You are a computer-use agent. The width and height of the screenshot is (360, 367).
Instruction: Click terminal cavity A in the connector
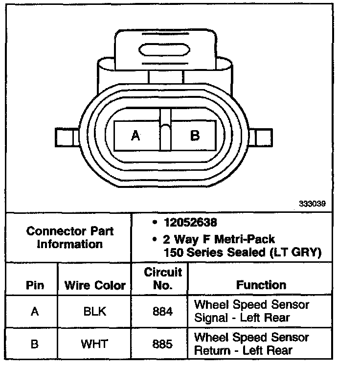(x=136, y=136)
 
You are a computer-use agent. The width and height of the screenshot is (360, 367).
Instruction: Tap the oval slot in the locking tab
(x=164, y=51)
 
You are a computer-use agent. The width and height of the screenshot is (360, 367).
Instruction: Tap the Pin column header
(x=35, y=285)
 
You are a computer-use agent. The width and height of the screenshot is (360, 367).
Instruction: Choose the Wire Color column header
(x=95, y=285)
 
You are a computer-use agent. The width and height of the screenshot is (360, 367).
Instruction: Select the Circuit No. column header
(x=163, y=278)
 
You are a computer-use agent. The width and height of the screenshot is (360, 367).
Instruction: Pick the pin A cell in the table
(x=34, y=311)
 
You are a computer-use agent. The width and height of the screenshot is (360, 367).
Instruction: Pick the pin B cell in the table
(x=34, y=344)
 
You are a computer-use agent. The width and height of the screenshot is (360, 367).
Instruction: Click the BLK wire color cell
(x=94, y=311)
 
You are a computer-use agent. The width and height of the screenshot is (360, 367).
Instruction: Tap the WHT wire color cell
(x=94, y=344)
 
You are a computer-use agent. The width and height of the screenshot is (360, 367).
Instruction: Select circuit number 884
(x=163, y=311)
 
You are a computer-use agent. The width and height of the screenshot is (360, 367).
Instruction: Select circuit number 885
(x=163, y=344)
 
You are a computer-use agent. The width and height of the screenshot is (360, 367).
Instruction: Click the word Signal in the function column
(x=211, y=318)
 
